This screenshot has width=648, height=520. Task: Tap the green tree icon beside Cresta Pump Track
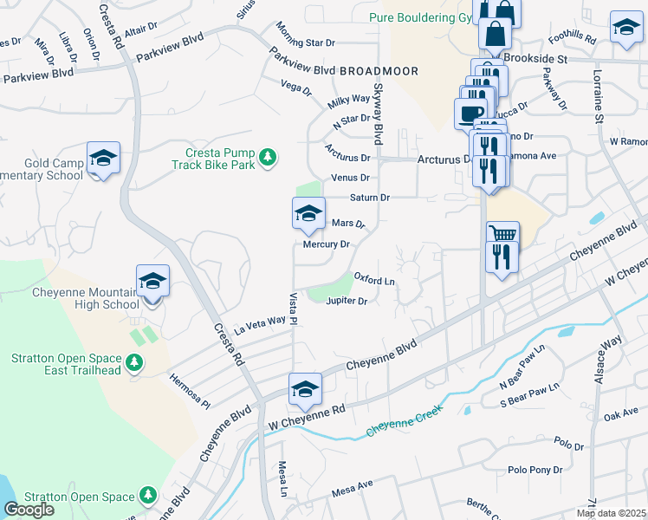coord(269,156)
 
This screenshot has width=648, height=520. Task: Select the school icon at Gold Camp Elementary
coord(103,159)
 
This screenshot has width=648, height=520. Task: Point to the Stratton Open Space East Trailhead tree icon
coord(133,363)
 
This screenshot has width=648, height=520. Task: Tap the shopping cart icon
coord(502,234)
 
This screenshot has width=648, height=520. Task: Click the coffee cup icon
coord(470,114)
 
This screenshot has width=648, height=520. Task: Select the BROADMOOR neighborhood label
coord(379,71)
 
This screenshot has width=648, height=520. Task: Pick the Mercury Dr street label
coord(326,244)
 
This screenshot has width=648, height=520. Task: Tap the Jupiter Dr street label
coord(347,302)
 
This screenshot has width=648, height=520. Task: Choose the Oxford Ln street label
coord(374,282)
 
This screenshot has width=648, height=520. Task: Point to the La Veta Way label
coord(259,322)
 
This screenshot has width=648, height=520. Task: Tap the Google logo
coord(29,510)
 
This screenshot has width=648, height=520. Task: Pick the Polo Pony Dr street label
coord(541,469)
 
